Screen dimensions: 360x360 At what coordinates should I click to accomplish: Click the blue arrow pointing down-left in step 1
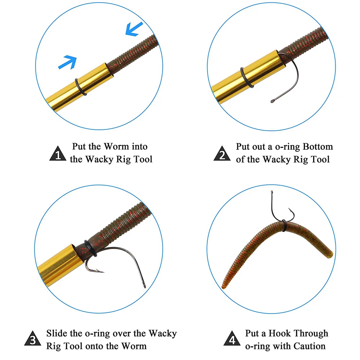[134, 29]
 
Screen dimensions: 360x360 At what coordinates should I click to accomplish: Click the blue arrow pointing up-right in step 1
[68, 62]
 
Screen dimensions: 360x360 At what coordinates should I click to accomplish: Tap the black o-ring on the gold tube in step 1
[81, 87]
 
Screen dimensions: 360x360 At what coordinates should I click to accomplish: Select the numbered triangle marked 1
[58, 153]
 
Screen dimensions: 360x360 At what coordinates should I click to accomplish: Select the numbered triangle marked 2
[222, 153]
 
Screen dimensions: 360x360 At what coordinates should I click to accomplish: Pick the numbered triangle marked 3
[33, 338]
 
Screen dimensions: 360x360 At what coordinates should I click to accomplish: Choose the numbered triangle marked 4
[232, 338]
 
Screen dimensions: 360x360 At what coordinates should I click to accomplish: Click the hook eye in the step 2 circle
[273, 101]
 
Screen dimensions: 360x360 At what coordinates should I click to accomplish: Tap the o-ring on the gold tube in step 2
[247, 77]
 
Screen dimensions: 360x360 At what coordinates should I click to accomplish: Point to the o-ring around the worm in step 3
[90, 248]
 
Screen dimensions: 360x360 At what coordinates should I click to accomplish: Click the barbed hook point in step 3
[101, 271]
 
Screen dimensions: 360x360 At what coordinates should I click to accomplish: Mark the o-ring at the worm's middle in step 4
[284, 225]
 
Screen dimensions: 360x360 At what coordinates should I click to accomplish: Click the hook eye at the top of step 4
[272, 192]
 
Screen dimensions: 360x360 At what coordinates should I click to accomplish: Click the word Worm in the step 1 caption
[116, 147]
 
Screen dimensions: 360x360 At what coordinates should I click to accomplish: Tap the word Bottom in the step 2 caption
[318, 147]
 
